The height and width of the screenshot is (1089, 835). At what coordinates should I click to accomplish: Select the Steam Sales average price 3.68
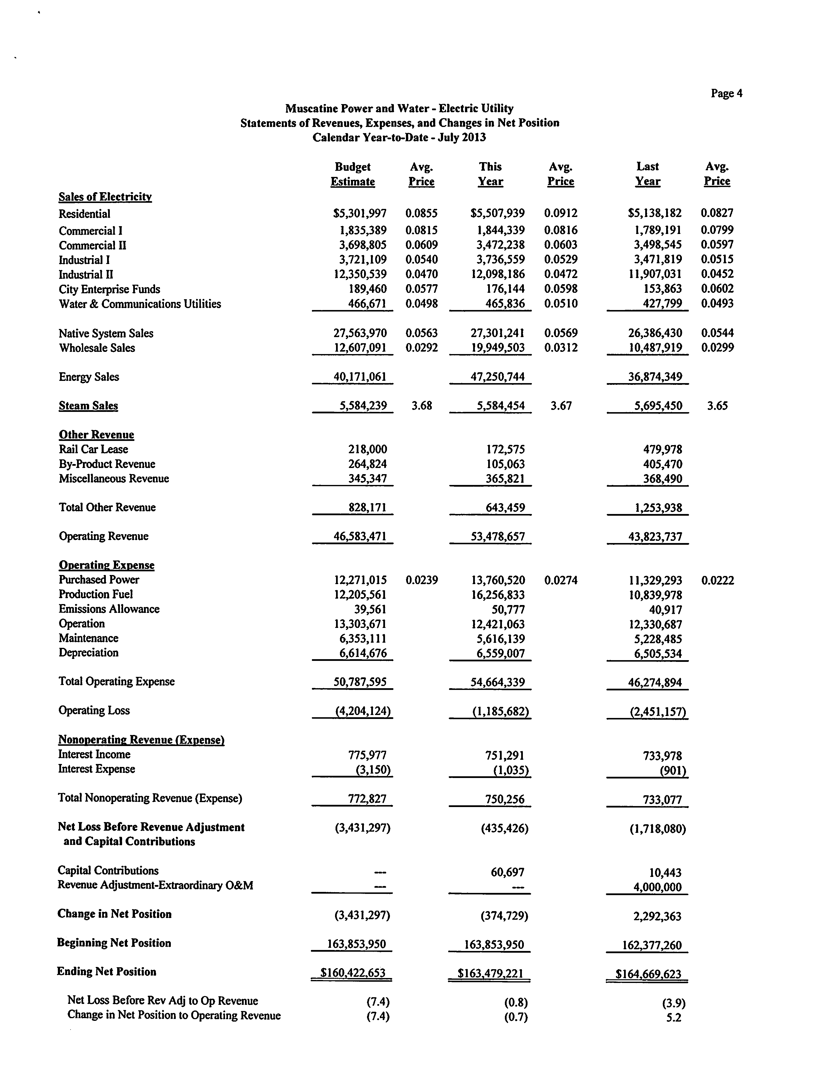click(421, 406)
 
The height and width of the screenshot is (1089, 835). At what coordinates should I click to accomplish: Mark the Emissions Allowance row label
click(109, 609)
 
